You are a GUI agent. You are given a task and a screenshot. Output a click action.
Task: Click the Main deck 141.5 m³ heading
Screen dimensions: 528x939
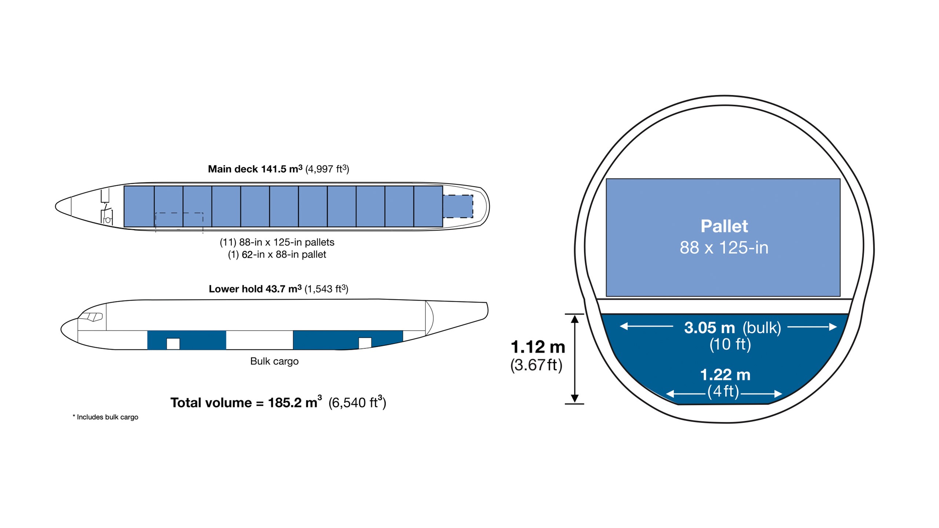[278, 169]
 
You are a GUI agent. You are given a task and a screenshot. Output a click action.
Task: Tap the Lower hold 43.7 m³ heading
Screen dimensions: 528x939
[278, 289]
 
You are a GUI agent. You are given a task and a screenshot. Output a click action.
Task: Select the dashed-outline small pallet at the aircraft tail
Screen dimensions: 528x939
[458, 206]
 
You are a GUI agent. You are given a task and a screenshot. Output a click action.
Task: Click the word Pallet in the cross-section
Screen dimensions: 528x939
[724, 226]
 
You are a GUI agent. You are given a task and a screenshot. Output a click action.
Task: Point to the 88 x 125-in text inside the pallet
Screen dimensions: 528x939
[724, 248]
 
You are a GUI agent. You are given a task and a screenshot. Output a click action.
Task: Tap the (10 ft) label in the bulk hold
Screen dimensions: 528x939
[730, 344]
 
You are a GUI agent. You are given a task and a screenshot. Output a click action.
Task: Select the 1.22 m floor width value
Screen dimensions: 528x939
[725, 375]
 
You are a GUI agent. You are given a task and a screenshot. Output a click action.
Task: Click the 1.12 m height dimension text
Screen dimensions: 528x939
[538, 347]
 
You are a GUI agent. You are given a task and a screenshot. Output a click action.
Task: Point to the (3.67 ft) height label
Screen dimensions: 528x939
[536, 365]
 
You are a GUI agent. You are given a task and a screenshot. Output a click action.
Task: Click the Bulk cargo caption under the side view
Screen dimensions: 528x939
[274, 361]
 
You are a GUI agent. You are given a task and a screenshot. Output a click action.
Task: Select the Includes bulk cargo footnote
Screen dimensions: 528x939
[106, 417]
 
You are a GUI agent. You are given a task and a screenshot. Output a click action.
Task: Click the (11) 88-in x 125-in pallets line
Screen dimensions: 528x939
[277, 242]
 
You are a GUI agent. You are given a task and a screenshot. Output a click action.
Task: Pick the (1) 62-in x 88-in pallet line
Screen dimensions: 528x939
[277, 254]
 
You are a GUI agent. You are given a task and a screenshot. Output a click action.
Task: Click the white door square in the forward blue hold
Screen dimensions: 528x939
[173, 344]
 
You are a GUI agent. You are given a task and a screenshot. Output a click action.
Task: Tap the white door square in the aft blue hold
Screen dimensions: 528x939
[365, 343]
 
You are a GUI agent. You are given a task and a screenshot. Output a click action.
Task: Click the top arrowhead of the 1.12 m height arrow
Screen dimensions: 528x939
[575, 319]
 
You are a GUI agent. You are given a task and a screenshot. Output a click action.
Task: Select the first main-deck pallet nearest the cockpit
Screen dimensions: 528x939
[139, 206]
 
